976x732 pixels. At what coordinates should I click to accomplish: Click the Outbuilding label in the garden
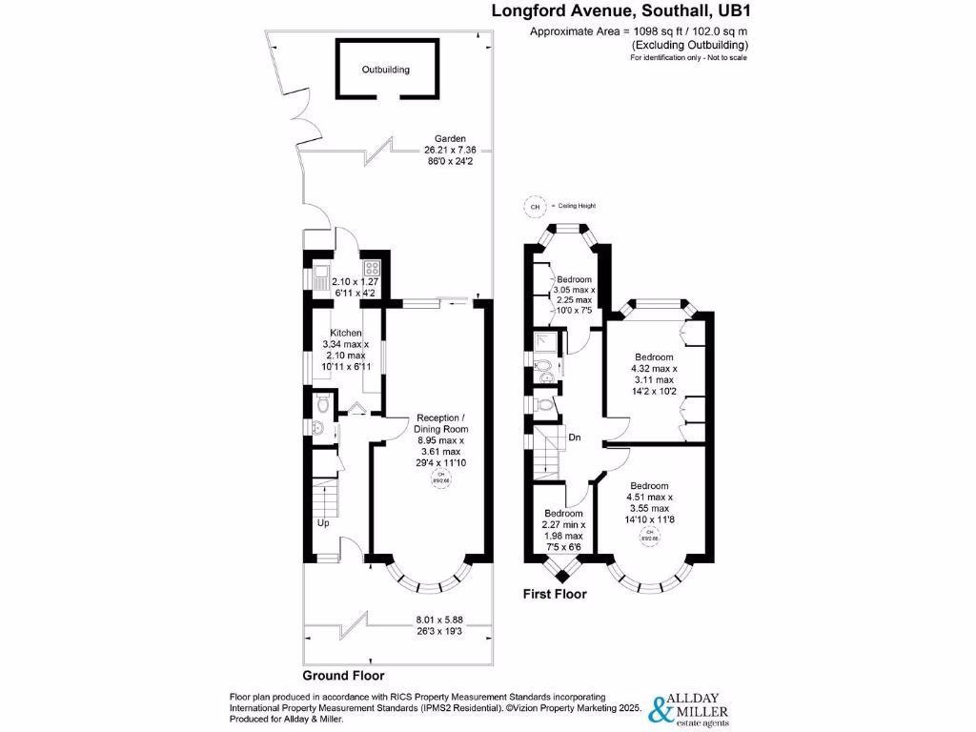click(385, 71)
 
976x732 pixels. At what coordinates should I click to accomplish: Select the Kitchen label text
click(346, 333)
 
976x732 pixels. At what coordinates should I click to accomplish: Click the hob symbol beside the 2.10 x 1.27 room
click(373, 268)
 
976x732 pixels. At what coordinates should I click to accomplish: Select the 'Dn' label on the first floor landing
click(575, 438)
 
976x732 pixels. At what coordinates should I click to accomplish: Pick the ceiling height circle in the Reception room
click(440, 478)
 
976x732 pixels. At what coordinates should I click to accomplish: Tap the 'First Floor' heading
click(555, 594)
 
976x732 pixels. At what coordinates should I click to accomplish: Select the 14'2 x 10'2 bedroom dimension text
click(654, 389)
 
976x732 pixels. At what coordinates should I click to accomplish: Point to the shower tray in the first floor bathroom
click(546, 341)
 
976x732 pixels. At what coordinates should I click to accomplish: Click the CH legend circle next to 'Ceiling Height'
click(535, 206)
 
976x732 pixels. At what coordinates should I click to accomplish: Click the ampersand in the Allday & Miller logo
click(661, 708)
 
